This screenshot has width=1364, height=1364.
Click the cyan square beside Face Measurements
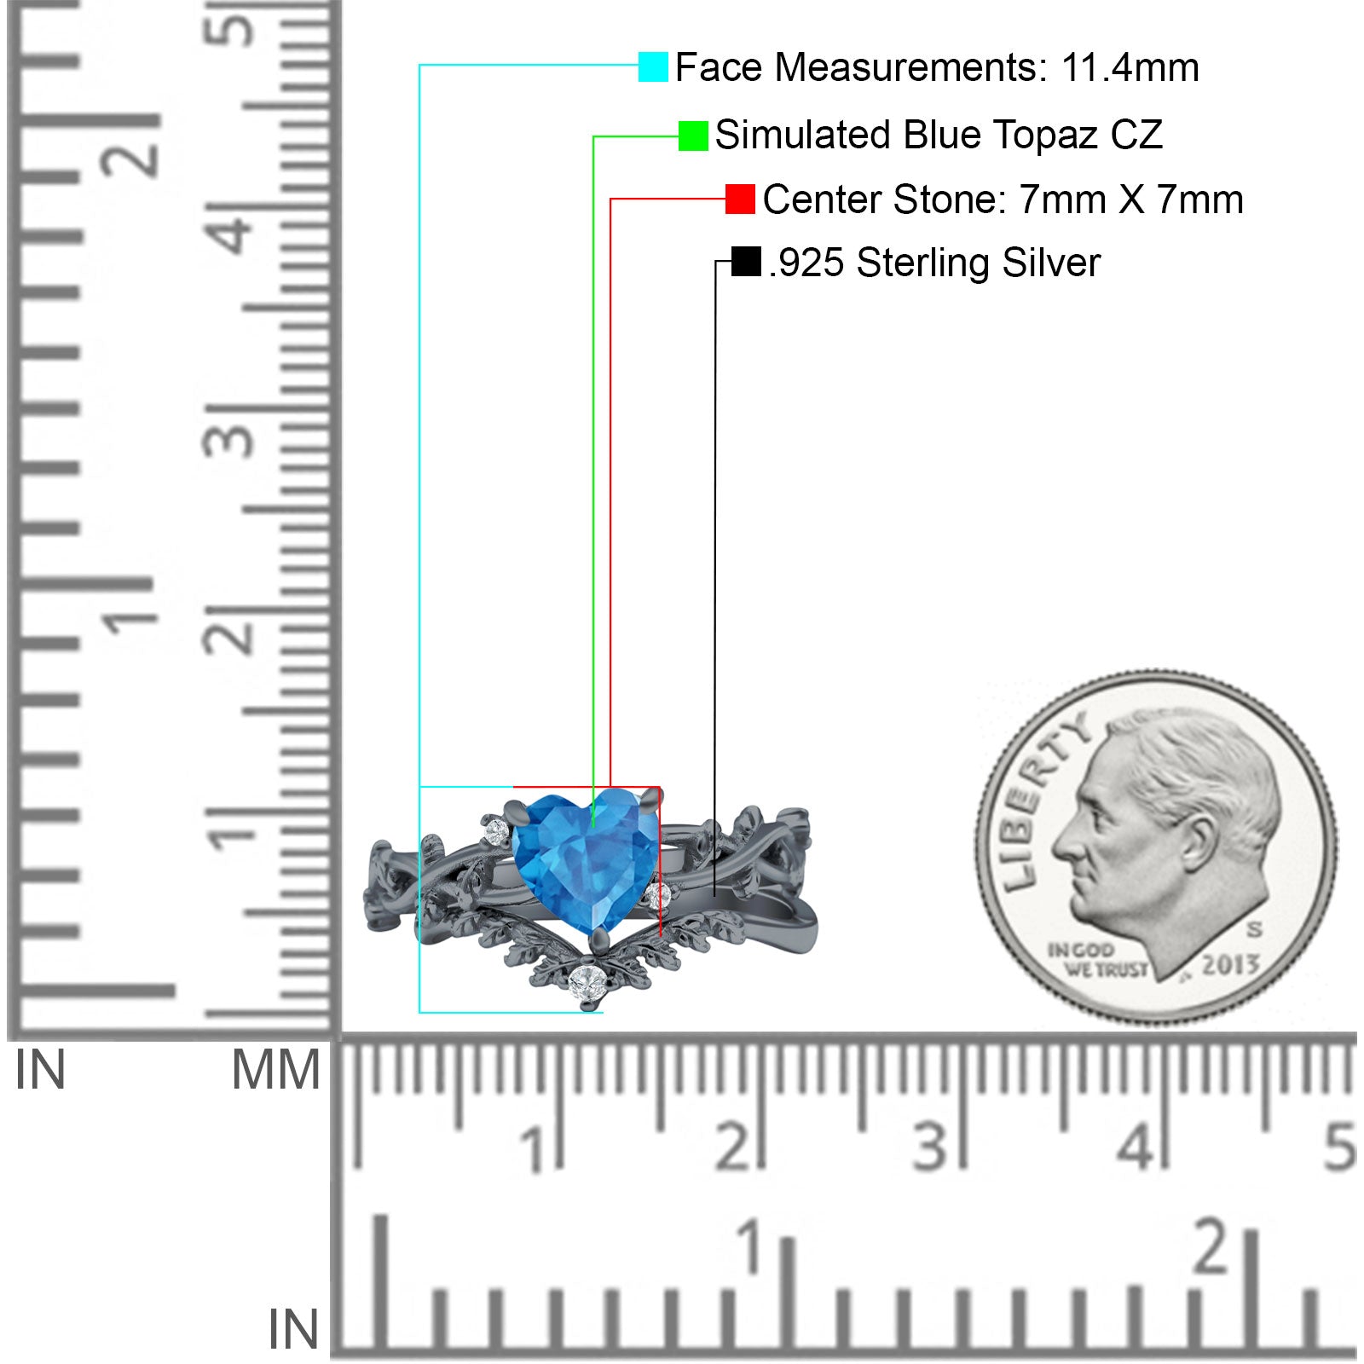click(653, 66)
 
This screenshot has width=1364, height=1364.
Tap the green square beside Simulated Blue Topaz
click(693, 136)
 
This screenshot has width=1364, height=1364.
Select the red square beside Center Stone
click(740, 199)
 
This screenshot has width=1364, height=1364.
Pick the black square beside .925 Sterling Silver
click(746, 262)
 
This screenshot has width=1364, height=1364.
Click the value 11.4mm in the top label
click(1130, 67)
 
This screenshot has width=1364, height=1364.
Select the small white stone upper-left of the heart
click(496, 829)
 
